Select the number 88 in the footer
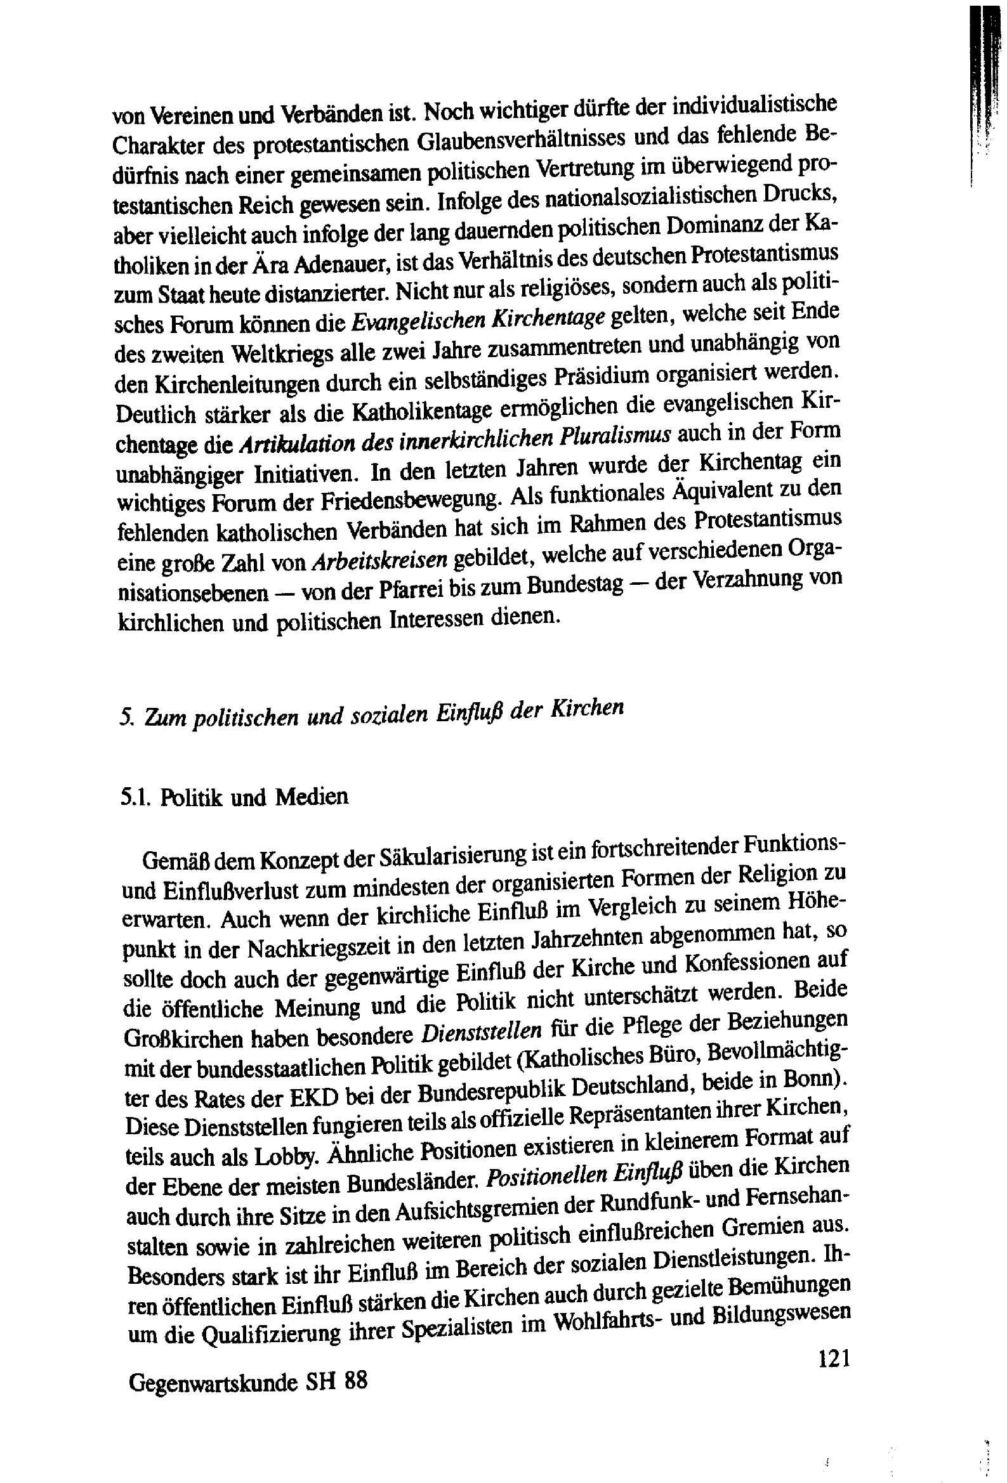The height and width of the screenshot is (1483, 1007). (x=356, y=1380)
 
